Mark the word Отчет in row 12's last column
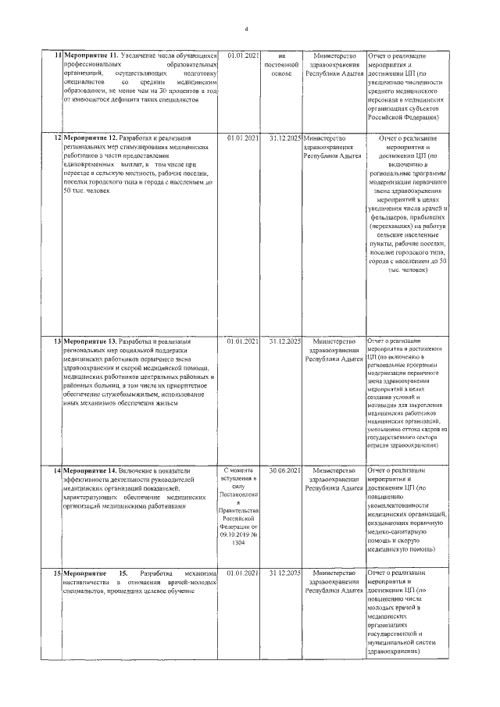tap(388, 137)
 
